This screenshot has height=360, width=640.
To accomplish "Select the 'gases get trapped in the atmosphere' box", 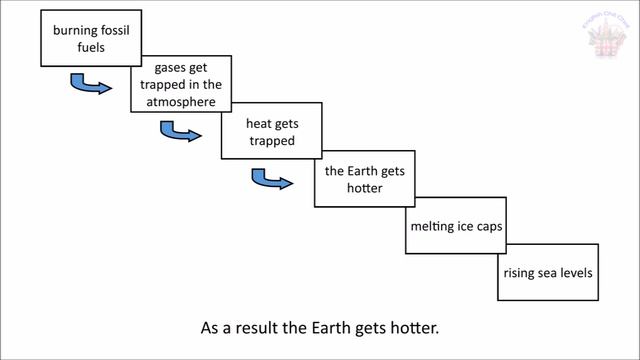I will [181, 84].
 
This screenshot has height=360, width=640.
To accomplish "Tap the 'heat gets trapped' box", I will [271, 132].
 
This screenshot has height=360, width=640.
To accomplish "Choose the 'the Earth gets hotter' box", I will [361, 180].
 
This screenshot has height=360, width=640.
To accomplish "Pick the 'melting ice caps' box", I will [455, 227].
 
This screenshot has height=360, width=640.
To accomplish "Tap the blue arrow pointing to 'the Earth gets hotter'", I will [270, 181].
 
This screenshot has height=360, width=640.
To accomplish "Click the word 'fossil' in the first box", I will [103, 30].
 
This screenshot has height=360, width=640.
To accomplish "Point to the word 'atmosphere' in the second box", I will [181, 101].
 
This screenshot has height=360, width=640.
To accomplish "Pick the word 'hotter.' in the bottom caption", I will [411, 327].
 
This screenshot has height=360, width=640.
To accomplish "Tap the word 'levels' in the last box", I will [576, 273].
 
